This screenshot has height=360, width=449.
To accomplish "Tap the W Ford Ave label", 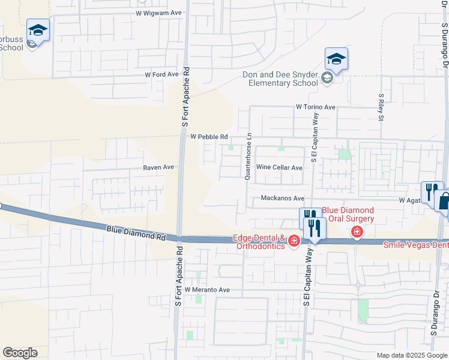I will pos(162,74).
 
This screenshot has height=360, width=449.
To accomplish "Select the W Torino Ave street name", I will pos(315,107).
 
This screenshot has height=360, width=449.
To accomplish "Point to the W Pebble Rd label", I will pos(209,137).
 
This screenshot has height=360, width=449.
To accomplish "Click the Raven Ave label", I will pos(158,167).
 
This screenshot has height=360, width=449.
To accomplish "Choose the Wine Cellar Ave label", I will pos(279,168).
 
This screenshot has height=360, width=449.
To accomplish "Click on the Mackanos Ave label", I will pos(282,198).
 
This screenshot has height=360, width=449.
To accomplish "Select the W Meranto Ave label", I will pos(207,290).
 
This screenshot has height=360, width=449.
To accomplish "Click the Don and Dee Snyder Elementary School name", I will pos(280,79).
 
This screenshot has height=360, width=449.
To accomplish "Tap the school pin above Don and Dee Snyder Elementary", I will pos(337,60).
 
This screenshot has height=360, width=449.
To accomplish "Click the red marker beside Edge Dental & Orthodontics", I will pos(294,241).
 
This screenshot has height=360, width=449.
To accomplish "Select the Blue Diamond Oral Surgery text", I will pos(348,215).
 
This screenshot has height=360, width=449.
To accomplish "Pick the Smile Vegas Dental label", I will pos(416,244).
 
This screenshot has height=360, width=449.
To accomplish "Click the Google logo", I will pos(20,353).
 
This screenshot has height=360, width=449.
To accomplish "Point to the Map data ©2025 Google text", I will pos(412,355).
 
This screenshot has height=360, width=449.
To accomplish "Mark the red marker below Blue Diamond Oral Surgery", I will pos(357,232).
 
